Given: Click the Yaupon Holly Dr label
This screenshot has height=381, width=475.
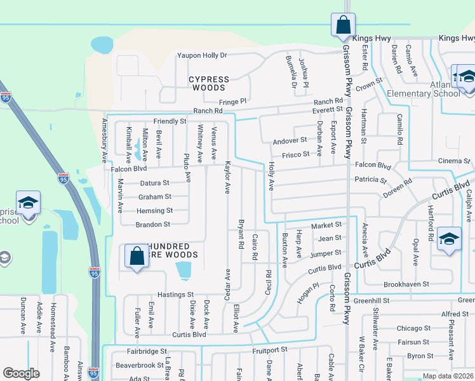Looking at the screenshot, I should [202, 55].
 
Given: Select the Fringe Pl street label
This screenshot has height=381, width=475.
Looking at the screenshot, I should [232, 101].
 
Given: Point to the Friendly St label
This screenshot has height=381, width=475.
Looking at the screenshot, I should [170, 121].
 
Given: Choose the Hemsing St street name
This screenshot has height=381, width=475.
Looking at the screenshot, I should [154, 211].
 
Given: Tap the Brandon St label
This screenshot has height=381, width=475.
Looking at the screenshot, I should [153, 225].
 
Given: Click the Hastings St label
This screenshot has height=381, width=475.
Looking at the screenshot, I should [175, 295].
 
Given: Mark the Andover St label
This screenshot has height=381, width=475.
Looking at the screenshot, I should [290, 141].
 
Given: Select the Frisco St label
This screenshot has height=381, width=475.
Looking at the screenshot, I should [295, 154].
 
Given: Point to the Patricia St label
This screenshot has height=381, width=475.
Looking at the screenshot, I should [371, 180].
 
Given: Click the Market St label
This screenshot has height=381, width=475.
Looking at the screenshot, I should [326, 225].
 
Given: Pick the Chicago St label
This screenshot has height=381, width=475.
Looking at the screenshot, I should [413, 328].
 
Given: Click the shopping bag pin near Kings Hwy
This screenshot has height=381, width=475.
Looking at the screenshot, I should [343, 25].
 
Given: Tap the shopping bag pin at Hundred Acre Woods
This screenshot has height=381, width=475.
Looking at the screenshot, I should [137, 257].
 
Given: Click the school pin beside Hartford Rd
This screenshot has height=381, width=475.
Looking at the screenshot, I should [449, 239].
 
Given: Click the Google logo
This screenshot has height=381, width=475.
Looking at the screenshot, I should [21, 374].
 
